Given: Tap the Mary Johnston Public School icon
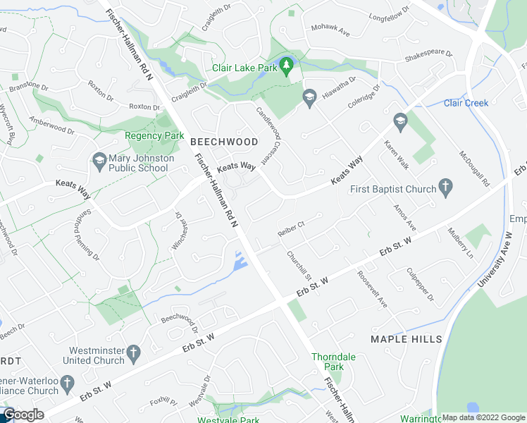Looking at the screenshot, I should [x=99, y=163].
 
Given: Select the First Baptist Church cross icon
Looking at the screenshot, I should [x=445, y=188].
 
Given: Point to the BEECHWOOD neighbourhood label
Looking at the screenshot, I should [x=224, y=142].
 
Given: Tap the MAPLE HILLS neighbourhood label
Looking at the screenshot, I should [x=407, y=339].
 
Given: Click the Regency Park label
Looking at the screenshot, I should [x=154, y=135].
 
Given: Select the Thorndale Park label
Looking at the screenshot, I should [x=334, y=362].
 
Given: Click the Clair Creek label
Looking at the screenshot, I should [x=466, y=103].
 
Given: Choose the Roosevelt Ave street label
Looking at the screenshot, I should [x=371, y=289].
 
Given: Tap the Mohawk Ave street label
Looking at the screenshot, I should [x=330, y=32].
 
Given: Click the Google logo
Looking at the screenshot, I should [x=24, y=415].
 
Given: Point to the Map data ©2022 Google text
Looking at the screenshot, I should [x=483, y=417].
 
